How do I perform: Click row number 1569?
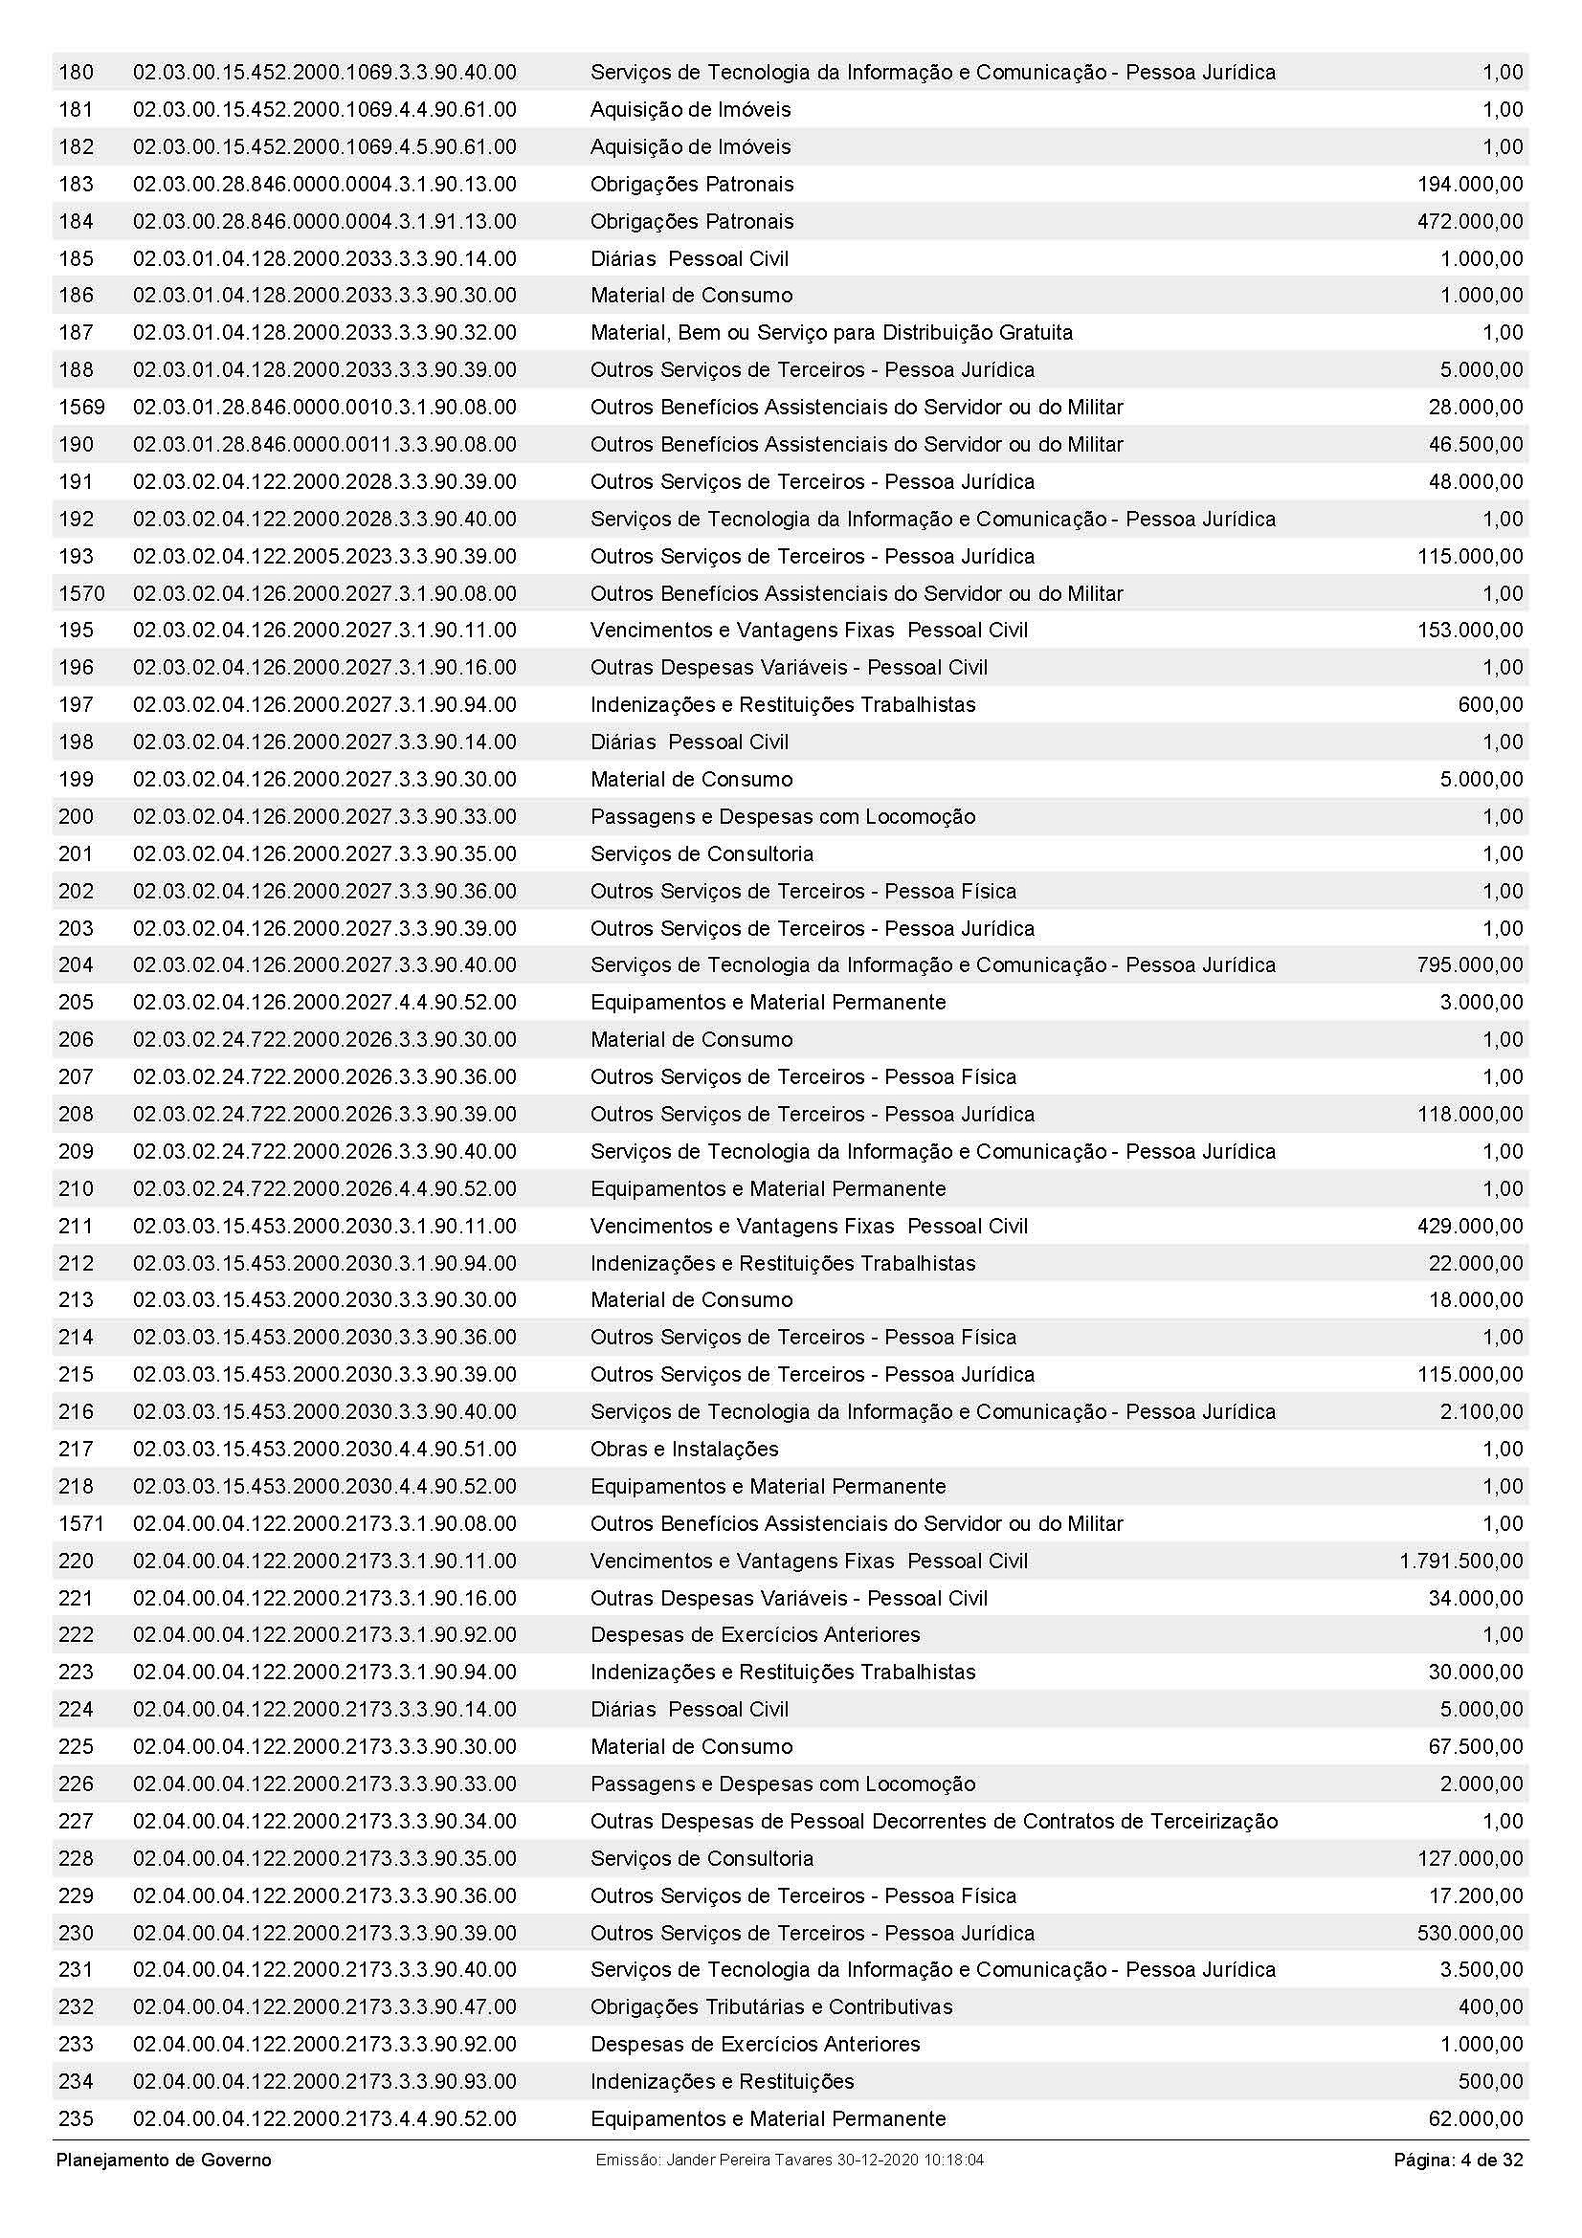click(x=81, y=407)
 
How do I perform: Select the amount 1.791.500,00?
click(x=1460, y=1561)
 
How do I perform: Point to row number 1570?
click(x=81, y=592)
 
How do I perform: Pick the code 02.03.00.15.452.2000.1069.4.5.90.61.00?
click(x=324, y=146)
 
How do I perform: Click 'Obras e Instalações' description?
click(x=684, y=1449)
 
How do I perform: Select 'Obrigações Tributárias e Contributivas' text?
click(x=771, y=2007)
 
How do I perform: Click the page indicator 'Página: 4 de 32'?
click(x=1458, y=2160)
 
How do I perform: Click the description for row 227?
click(x=934, y=1821)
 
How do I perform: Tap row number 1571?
click(x=81, y=1523)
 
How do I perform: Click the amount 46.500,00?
click(x=1475, y=445)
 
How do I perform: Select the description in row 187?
click(x=832, y=332)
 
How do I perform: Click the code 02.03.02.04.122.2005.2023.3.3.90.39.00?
click(x=324, y=556)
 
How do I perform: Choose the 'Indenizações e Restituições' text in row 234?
click(x=722, y=2081)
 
